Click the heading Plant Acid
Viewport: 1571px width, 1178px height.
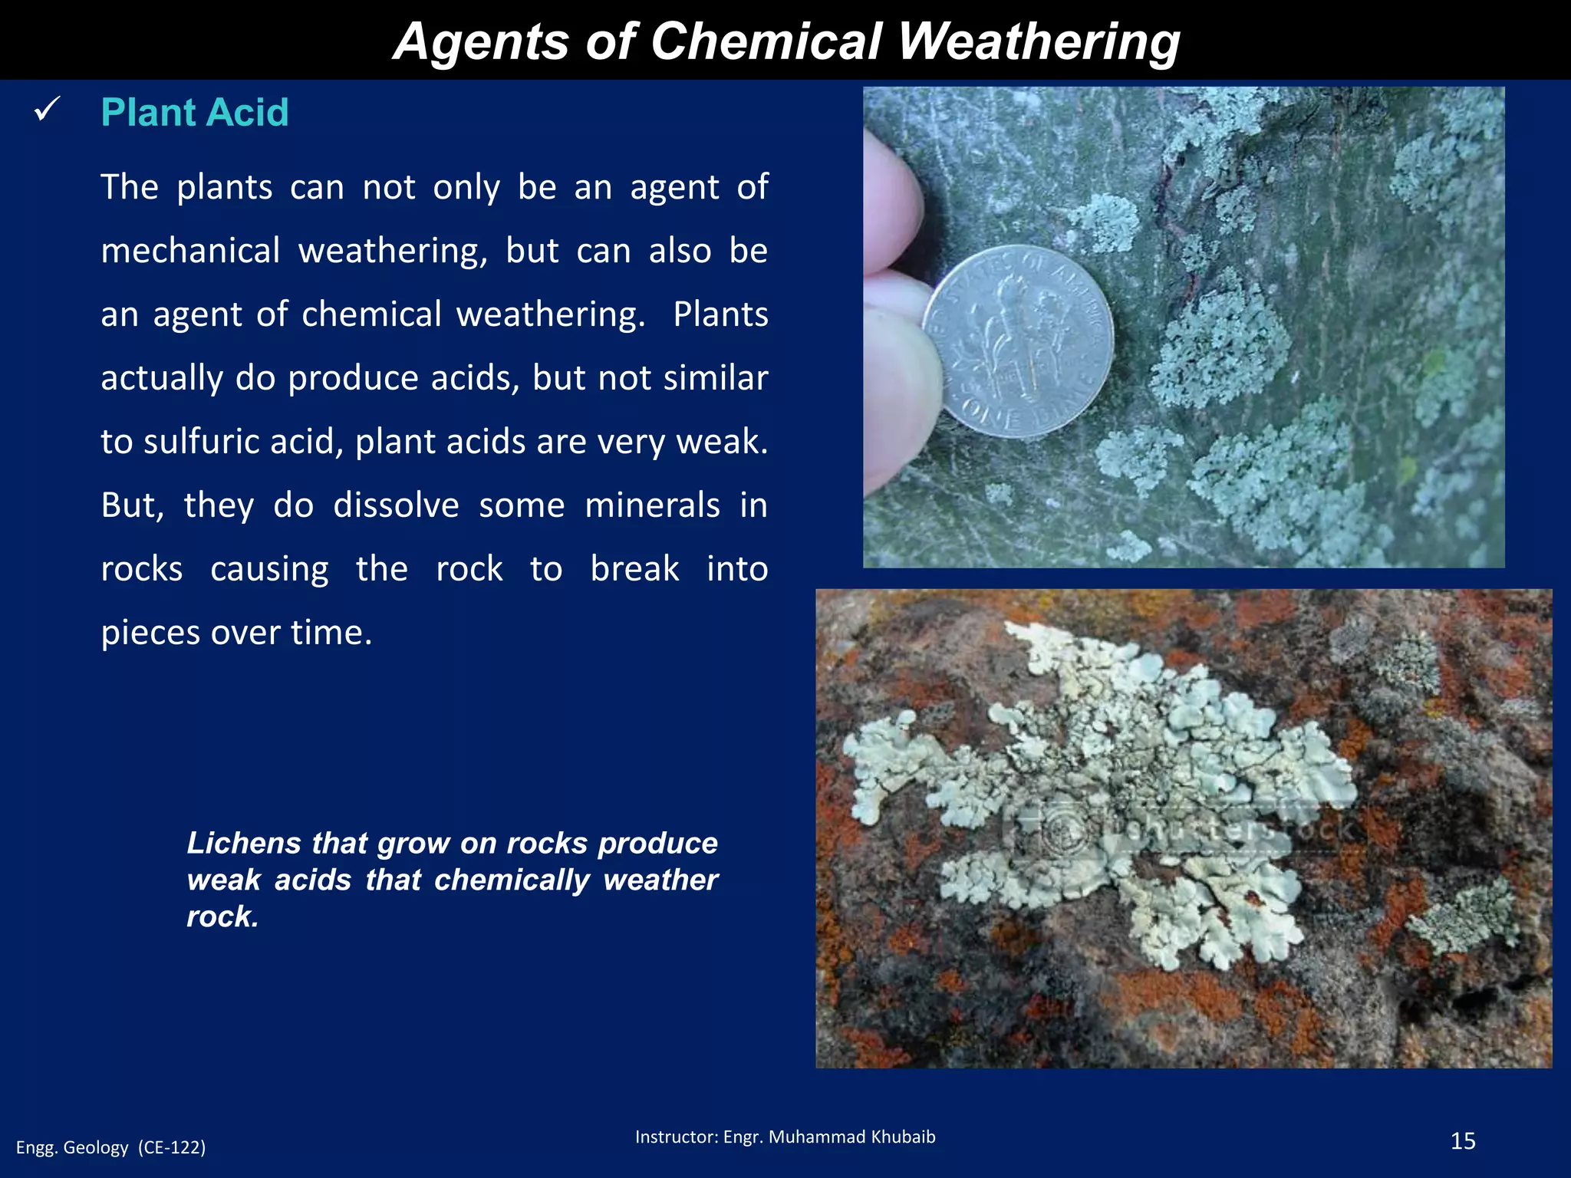click(x=195, y=113)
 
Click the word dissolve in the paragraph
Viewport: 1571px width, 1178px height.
click(x=396, y=505)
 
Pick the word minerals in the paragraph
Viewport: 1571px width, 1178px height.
click(x=652, y=505)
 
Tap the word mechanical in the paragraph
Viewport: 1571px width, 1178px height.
click(x=190, y=252)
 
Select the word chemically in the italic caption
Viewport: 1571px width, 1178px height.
click(x=512, y=880)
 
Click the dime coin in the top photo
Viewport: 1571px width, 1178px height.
click(x=1019, y=342)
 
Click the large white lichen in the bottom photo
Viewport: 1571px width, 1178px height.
click(x=1105, y=790)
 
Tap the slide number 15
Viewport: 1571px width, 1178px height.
click(x=1463, y=1141)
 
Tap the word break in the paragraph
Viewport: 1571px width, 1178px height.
click(x=634, y=569)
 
